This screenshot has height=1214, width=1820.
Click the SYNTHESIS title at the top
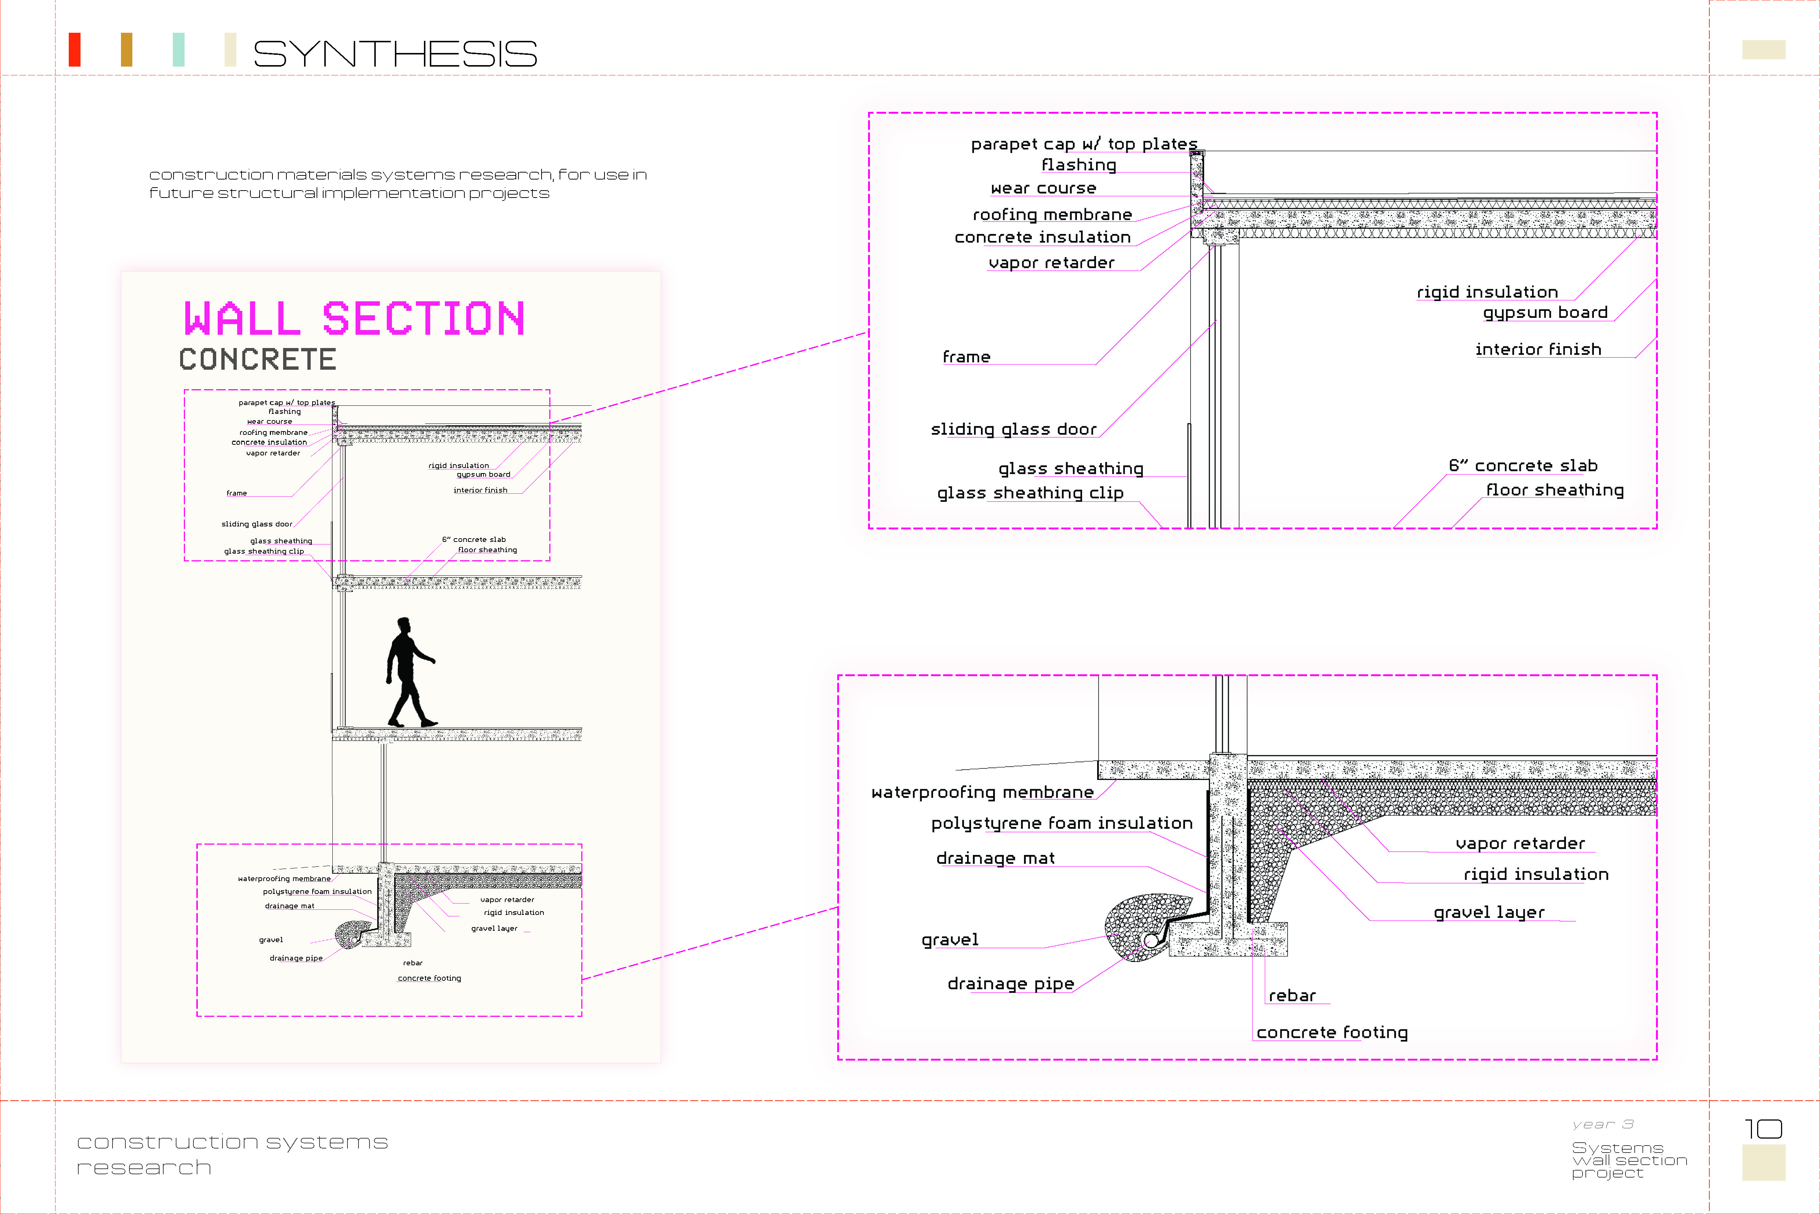(x=395, y=53)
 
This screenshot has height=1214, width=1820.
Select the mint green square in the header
(x=179, y=50)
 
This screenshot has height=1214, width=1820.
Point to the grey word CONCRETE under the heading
(x=258, y=359)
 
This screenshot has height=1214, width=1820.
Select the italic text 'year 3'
(x=1603, y=1124)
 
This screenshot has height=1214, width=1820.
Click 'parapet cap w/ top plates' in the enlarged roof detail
(x=1083, y=144)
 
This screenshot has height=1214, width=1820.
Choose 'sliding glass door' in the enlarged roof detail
(x=1013, y=429)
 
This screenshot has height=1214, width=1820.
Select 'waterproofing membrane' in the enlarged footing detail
(x=982, y=792)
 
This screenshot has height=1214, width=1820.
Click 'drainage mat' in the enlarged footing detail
(x=995, y=858)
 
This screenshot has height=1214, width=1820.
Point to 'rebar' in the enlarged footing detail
(x=1292, y=996)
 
